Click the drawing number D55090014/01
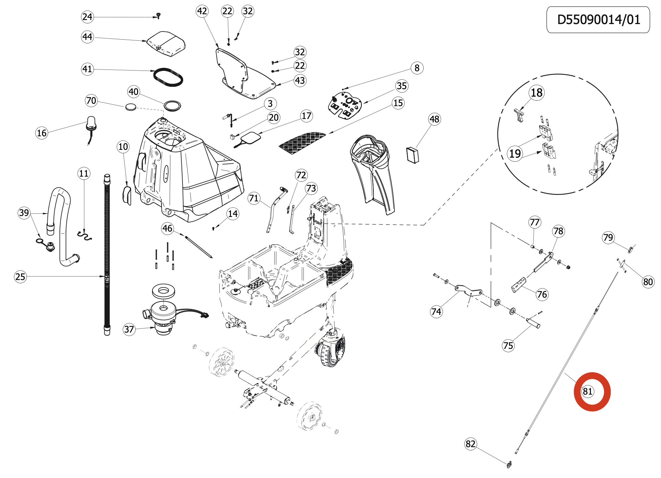[x=598, y=20]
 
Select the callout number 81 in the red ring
[x=588, y=391]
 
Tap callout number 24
[x=87, y=17]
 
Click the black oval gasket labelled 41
[x=168, y=77]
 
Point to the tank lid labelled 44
[x=167, y=43]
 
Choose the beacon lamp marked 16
[x=91, y=123]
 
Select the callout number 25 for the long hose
[x=20, y=277]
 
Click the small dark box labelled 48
[x=412, y=155]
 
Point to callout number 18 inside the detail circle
[x=536, y=93]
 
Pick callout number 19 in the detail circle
[x=515, y=154]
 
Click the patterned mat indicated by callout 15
[x=302, y=141]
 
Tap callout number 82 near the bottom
[x=470, y=444]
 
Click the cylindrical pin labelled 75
[x=533, y=323]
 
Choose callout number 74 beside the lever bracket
[x=436, y=311]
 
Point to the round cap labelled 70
[x=131, y=107]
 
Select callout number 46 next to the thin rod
[x=167, y=228]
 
